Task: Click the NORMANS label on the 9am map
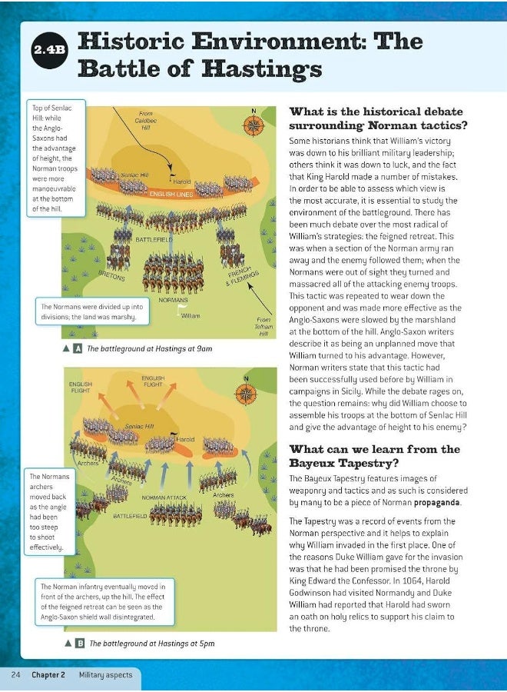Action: point(174,300)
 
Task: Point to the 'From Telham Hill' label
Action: point(263,327)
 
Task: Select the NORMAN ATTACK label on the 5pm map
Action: point(164,497)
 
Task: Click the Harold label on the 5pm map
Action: point(187,440)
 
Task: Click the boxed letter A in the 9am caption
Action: point(78,348)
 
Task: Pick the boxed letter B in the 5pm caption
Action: point(79,643)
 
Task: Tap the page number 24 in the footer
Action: point(15,675)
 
